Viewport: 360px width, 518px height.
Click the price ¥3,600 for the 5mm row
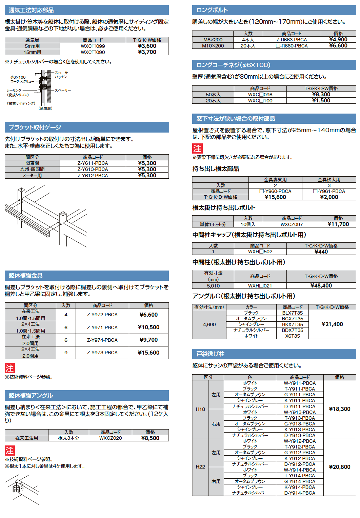tap(147, 46)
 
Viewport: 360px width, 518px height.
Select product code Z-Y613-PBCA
tap(93, 169)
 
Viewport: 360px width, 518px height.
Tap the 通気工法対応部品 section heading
tap(31, 10)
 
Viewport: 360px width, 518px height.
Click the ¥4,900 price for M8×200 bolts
tap(338, 39)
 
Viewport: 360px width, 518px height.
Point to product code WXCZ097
tap(292, 224)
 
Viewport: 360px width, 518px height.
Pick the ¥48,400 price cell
tap(321, 285)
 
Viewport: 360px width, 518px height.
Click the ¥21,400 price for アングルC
tap(332, 324)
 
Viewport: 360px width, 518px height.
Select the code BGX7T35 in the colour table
tap(293, 319)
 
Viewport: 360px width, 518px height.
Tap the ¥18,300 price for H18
tap(339, 409)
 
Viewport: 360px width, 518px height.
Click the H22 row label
tap(200, 467)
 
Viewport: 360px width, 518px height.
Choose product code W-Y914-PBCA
tap(300, 470)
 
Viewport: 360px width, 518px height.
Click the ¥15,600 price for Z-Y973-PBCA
tap(148, 353)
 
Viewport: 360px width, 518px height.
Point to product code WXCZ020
tap(111, 438)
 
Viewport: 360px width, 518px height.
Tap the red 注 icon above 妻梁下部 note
tap(197, 148)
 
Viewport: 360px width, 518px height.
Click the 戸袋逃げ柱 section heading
tap(210, 354)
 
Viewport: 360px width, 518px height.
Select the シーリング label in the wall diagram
tap(14, 91)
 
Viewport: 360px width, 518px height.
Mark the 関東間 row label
tap(32, 163)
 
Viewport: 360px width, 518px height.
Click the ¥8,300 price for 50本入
tap(321, 95)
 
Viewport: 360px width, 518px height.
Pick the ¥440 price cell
tap(321, 252)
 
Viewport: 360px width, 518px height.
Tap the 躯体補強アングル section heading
tap(31, 396)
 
